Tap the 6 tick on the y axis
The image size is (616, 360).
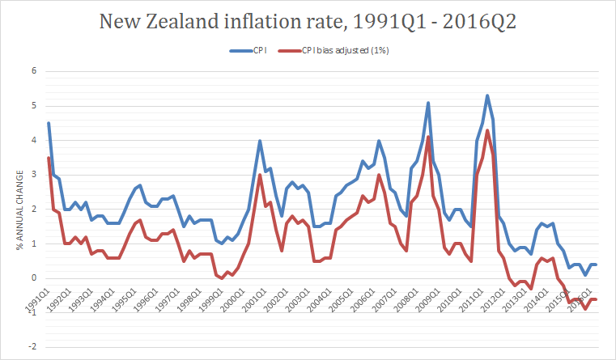tap(35, 70)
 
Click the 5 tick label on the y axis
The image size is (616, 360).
tap(35, 105)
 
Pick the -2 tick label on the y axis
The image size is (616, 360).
tap(33, 347)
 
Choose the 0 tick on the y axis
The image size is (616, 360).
tap(35, 278)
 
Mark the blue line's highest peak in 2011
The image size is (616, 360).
tap(487, 95)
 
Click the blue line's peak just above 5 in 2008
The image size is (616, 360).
tap(428, 103)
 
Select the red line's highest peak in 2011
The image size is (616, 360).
tap(487, 130)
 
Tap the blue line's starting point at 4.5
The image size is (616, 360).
tap(49, 123)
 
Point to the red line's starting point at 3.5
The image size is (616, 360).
tap(49, 158)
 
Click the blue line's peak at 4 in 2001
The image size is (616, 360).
tap(259, 141)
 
